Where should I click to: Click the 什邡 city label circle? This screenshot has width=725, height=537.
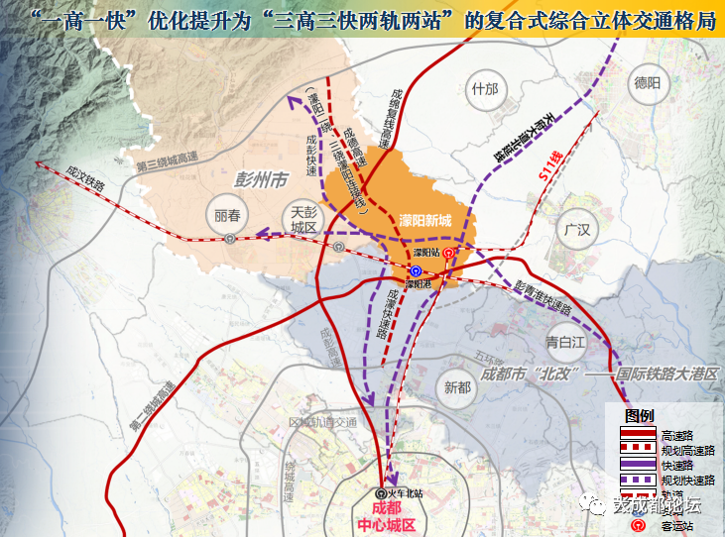coord(485,89)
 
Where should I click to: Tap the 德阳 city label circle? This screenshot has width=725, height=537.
coord(646,83)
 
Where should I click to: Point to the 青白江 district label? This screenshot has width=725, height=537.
coord(567,342)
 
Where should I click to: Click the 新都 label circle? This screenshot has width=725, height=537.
coord(457,387)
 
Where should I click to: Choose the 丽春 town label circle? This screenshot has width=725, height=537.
coord(227,215)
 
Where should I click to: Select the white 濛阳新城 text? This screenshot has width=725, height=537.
coord(424,220)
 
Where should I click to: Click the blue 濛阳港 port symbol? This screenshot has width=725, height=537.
coord(417,270)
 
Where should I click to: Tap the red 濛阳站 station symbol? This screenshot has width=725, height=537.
coord(447,254)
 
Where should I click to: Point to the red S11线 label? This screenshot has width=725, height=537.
coord(544,162)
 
